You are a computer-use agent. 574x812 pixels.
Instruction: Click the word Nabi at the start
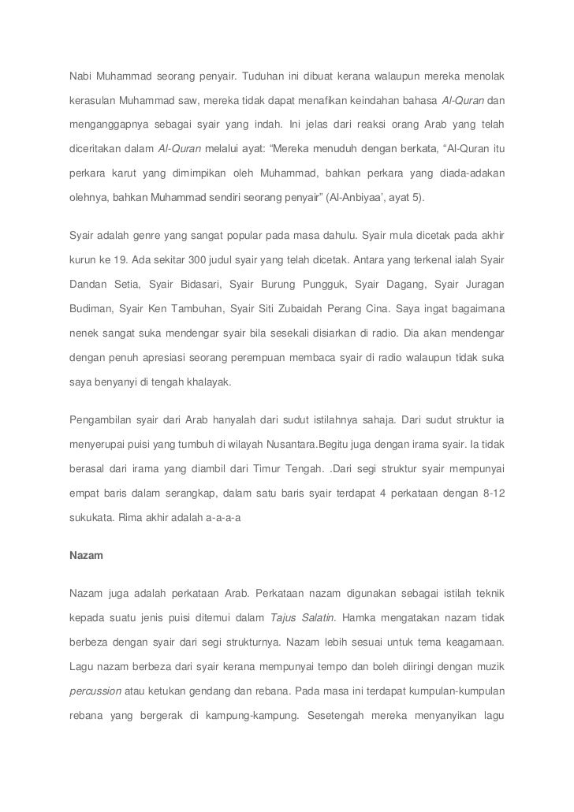80,77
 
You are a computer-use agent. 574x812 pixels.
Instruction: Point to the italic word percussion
95,690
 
